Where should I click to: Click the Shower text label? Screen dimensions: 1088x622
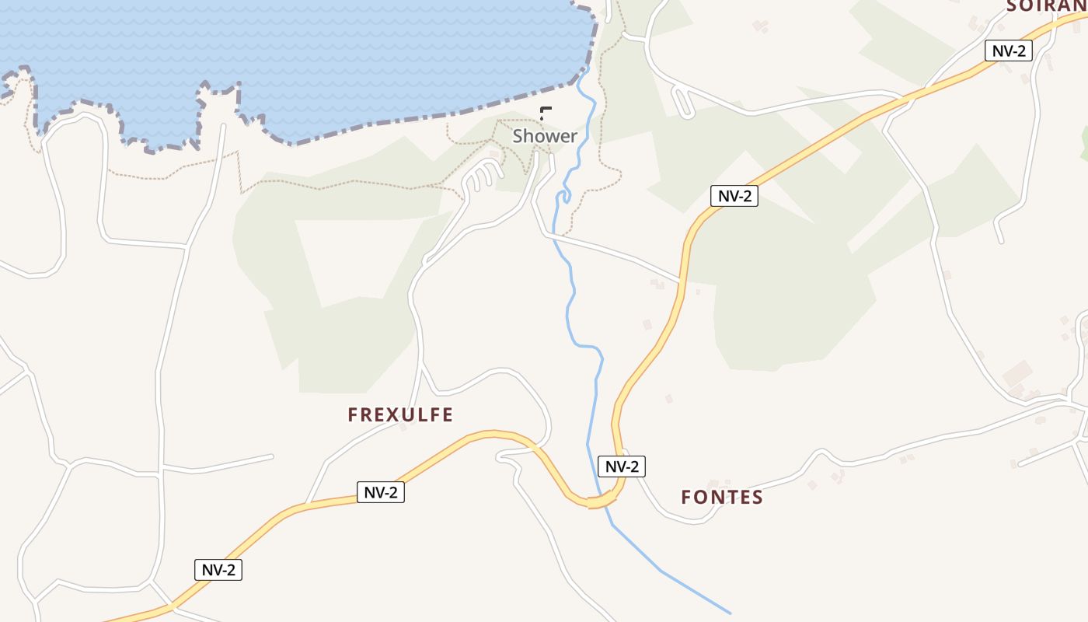click(544, 136)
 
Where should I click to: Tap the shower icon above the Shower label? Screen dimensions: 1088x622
click(546, 113)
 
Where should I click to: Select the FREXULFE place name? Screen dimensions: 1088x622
click(400, 414)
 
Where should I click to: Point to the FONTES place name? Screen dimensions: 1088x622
click(722, 497)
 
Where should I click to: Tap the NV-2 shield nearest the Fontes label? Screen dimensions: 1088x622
click(622, 466)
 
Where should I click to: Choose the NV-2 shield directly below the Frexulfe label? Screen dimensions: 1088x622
click(381, 492)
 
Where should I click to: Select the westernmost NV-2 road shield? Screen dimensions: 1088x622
click(218, 570)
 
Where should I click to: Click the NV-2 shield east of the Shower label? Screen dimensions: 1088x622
click(734, 196)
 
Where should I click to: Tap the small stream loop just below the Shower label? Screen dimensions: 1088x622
click(564, 194)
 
